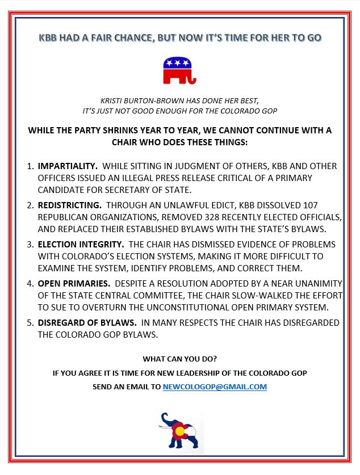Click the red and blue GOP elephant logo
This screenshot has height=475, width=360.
[x=179, y=70]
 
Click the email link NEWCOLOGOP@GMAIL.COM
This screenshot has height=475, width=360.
[x=215, y=386]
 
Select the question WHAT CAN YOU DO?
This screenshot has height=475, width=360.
[x=179, y=359]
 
